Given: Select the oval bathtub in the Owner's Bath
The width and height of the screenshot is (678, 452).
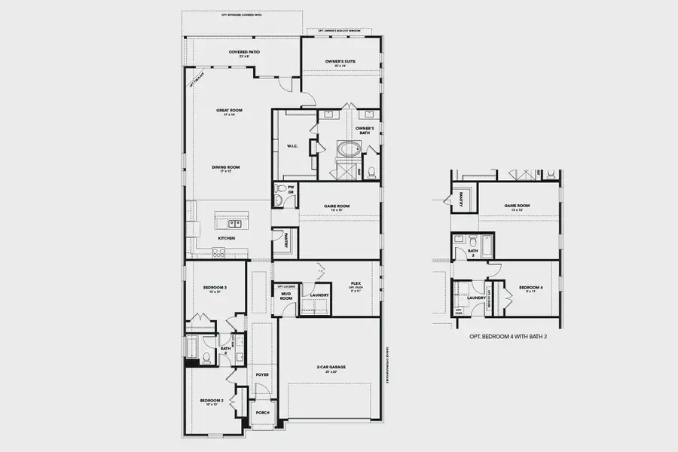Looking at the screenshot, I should tap(349, 149).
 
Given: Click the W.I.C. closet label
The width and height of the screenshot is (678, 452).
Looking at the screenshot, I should tap(294, 146).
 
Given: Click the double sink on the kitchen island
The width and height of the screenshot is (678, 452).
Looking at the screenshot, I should tap(234, 223).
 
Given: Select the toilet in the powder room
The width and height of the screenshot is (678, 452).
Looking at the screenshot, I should tap(280, 189).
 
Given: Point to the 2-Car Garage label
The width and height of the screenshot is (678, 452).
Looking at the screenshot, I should tap(331, 369).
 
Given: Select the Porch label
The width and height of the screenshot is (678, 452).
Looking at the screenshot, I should tap(263, 412).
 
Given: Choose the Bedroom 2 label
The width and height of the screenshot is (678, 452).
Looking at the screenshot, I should tap(210, 402).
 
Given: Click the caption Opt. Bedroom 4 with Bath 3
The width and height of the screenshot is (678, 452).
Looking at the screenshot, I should tap(508, 336).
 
